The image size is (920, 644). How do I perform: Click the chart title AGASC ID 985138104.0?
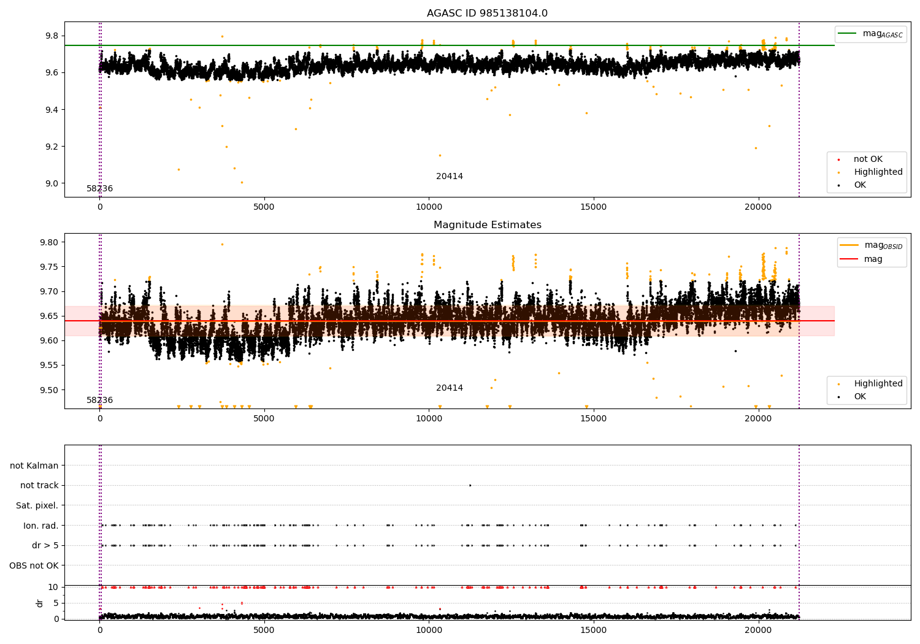point(487,13)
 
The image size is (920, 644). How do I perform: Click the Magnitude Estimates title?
point(487,225)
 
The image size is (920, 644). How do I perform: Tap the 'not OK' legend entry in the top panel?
point(867,159)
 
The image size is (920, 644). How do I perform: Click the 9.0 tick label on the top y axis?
point(51,183)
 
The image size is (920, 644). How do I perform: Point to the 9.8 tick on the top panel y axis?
point(51,36)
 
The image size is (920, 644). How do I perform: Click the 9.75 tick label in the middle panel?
point(48,267)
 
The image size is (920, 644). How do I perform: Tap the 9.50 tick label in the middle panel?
point(48,390)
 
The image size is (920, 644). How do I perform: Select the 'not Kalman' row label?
point(34,466)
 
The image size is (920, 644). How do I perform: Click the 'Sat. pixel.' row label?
point(37,506)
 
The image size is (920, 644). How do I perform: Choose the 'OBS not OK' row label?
point(34,565)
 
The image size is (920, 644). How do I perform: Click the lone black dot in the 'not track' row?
point(470,485)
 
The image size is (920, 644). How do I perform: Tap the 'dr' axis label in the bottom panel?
point(40,603)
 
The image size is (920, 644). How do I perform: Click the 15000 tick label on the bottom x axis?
point(594,630)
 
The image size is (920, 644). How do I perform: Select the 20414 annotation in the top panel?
point(450,177)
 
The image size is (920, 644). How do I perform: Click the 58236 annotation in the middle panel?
point(99,401)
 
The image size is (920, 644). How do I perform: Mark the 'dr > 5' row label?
point(45,545)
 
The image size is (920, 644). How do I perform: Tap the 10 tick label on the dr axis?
point(53,587)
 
